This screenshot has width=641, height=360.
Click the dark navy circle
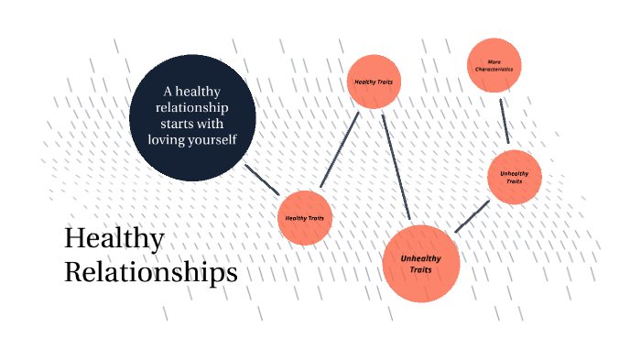(192, 117)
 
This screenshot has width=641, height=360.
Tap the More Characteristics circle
(494, 65)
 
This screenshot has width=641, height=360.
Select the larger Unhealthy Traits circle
(420, 264)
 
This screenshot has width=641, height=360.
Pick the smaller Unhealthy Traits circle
(515, 177)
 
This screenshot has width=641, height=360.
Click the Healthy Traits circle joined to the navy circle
(304, 218)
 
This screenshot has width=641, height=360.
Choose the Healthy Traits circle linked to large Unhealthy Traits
(374, 82)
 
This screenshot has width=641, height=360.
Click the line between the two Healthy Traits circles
(340, 149)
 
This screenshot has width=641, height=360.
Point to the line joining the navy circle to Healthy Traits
(262, 180)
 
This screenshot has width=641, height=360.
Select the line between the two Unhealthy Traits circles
(472, 216)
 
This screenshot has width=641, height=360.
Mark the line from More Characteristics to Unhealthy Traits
(504, 120)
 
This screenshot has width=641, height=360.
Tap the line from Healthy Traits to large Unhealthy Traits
(396, 167)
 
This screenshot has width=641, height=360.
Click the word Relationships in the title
(150, 272)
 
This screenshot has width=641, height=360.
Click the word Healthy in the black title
(114, 239)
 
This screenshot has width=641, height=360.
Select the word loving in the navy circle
(167, 140)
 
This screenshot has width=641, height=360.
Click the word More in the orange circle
(494, 61)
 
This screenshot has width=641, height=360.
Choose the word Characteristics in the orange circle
(494, 70)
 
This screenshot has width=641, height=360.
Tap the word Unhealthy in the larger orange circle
(420, 258)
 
